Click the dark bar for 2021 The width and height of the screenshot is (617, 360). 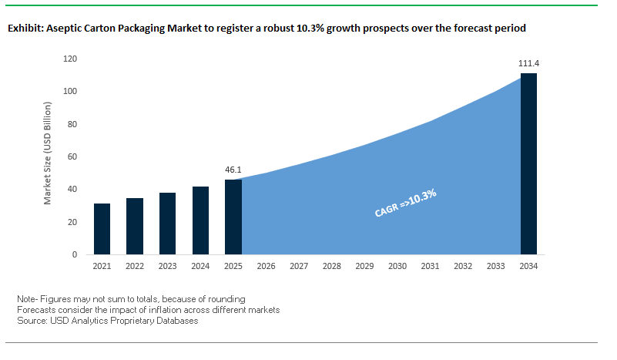click(102, 229)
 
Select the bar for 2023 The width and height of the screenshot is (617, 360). click(167, 224)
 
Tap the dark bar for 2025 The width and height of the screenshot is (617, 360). click(233, 217)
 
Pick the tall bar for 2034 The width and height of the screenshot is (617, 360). click(528, 163)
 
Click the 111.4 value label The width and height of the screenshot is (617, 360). click(528, 63)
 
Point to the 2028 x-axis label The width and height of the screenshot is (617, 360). click(331, 267)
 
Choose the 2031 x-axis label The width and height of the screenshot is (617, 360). click(430, 267)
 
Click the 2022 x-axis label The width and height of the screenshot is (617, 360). click(135, 267)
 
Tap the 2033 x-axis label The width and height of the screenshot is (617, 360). click(495, 267)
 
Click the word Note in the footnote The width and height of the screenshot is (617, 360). click(26, 298)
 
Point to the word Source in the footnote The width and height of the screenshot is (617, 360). click(30, 321)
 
